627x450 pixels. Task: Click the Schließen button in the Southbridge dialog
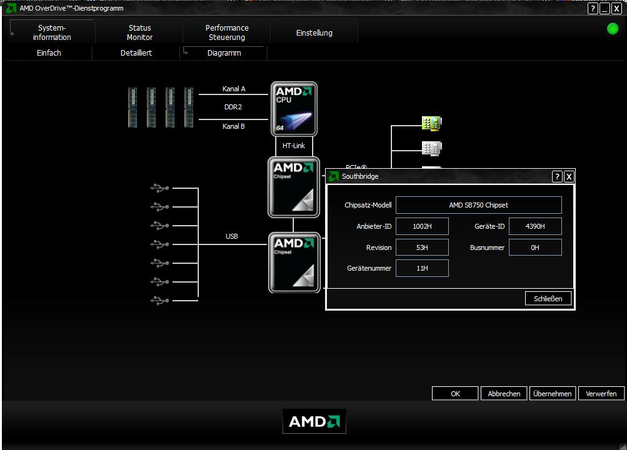[x=548, y=299]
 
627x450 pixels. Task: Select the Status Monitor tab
[x=139, y=32]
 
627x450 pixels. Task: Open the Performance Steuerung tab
[x=227, y=32]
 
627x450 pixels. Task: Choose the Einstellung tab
[x=314, y=32]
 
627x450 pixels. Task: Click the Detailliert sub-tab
[x=136, y=52]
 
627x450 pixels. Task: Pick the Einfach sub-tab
[x=49, y=52]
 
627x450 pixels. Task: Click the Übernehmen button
[x=552, y=394]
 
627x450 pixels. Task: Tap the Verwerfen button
[x=601, y=394]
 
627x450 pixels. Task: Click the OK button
[x=455, y=394]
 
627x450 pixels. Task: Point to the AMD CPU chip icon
[x=294, y=109]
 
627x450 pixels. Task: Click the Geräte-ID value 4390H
[x=535, y=226]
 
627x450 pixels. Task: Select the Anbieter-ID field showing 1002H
[x=422, y=226]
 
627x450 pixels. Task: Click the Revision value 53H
[x=422, y=247]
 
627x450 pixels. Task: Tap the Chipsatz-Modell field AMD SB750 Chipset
[x=479, y=205]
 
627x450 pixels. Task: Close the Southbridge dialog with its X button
[x=569, y=177]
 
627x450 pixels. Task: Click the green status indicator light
[x=613, y=29]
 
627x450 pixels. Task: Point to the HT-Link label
[x=294, y=146]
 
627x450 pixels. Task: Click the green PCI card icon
[x=431, y=123]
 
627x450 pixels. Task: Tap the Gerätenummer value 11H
[x=422, y=268]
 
